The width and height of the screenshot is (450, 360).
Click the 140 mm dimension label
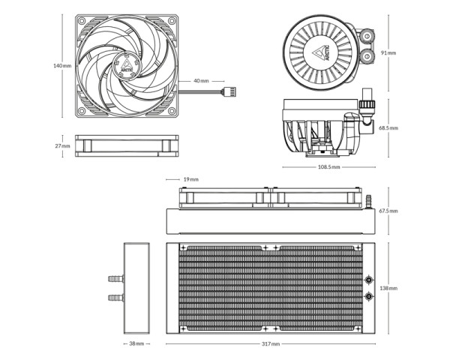[62, 66]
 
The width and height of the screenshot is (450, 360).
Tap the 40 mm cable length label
[201, 81]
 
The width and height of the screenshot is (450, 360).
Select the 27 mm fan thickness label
[62, 145]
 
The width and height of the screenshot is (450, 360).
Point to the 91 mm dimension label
[388, 52]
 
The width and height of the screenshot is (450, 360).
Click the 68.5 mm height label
[388, 127]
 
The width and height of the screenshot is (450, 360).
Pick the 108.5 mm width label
[329, 166]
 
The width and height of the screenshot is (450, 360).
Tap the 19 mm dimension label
[190, 179]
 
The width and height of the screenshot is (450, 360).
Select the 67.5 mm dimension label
[388, 211]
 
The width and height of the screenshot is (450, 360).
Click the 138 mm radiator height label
[388, 288]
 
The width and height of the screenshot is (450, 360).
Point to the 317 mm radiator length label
[271, 343]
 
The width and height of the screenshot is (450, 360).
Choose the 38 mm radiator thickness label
[136, 343]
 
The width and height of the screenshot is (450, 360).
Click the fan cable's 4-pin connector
[229, 91]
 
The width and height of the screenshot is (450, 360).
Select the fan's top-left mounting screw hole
[82, 21]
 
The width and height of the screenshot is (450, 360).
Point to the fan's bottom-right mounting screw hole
[172, 111]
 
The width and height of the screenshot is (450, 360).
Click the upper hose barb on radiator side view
[116, 279]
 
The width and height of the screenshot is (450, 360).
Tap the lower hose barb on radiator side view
[116, 298]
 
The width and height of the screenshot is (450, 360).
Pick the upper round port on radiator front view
[369, 280]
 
